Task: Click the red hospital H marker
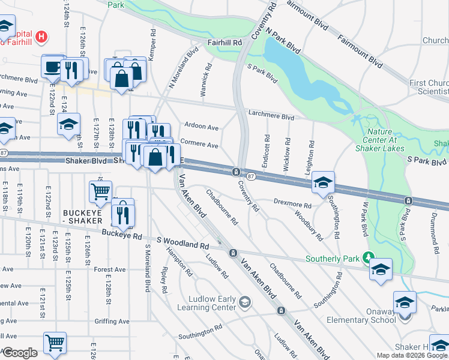[41, 37]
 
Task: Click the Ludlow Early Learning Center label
[206, 303]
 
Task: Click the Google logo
[20, 353]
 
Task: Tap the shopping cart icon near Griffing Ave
[55, 343]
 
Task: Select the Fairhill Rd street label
[224, 43]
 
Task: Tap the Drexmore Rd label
[293, 205]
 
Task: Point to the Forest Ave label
[110, 270]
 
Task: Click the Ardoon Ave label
[202, 127]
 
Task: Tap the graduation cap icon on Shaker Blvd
[323, 182]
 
